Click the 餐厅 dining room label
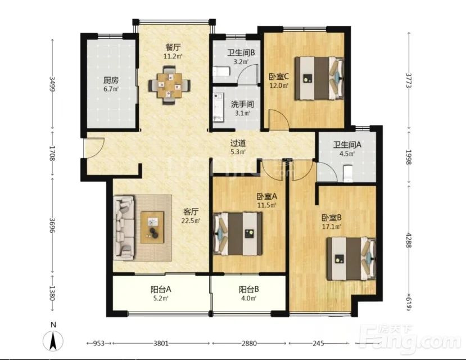click(x=173, y=47)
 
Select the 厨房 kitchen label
click(x=111, y=80)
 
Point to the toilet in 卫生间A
click(x=347, y=173)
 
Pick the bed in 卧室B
click(x=351, y=259)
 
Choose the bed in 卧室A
click(x=238, y=233)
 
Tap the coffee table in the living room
click(x=152, y=227)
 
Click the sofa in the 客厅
click(x=124, y=227)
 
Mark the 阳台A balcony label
click(x=161, y=289)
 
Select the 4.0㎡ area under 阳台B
click(x=249, y=298)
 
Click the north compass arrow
click(x=53, y=341)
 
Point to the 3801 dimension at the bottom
click(x=161, y=343)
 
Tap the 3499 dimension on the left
click(x=52, y=84)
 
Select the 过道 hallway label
click(x=238, y=143)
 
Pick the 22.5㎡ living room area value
click(x=191, y=221)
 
